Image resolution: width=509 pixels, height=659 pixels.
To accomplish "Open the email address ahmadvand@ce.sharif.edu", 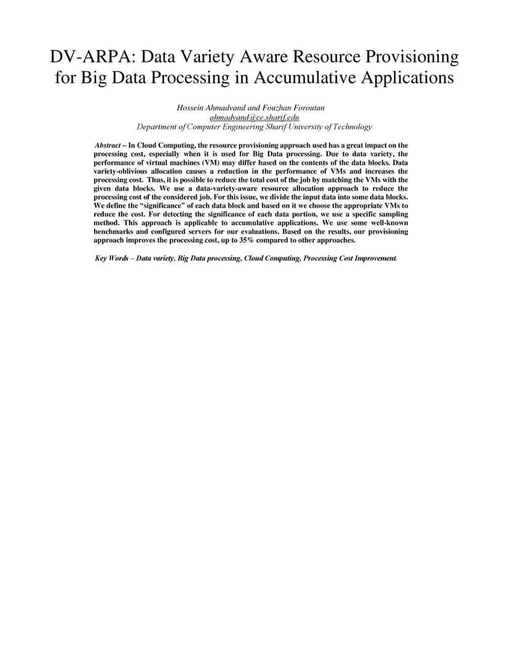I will click(254, 117).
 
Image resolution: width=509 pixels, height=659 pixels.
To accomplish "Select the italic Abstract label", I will click(108, 145).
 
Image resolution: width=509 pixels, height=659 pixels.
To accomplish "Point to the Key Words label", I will click(111, 258).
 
